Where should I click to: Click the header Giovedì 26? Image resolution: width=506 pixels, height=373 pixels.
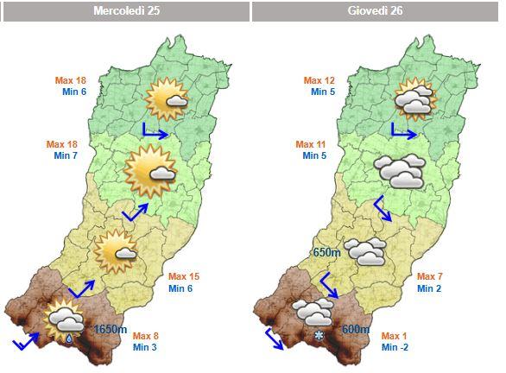click(376, 11)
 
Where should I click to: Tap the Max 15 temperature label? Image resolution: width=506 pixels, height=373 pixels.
click(180, 276)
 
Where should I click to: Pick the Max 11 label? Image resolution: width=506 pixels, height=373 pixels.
click(311, 144)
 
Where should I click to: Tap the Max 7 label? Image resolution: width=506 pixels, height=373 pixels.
click(429, 276)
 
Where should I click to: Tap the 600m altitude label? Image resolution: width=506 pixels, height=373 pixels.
click(356, 329)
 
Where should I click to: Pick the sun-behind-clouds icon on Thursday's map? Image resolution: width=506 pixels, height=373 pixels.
click(414, 99)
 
